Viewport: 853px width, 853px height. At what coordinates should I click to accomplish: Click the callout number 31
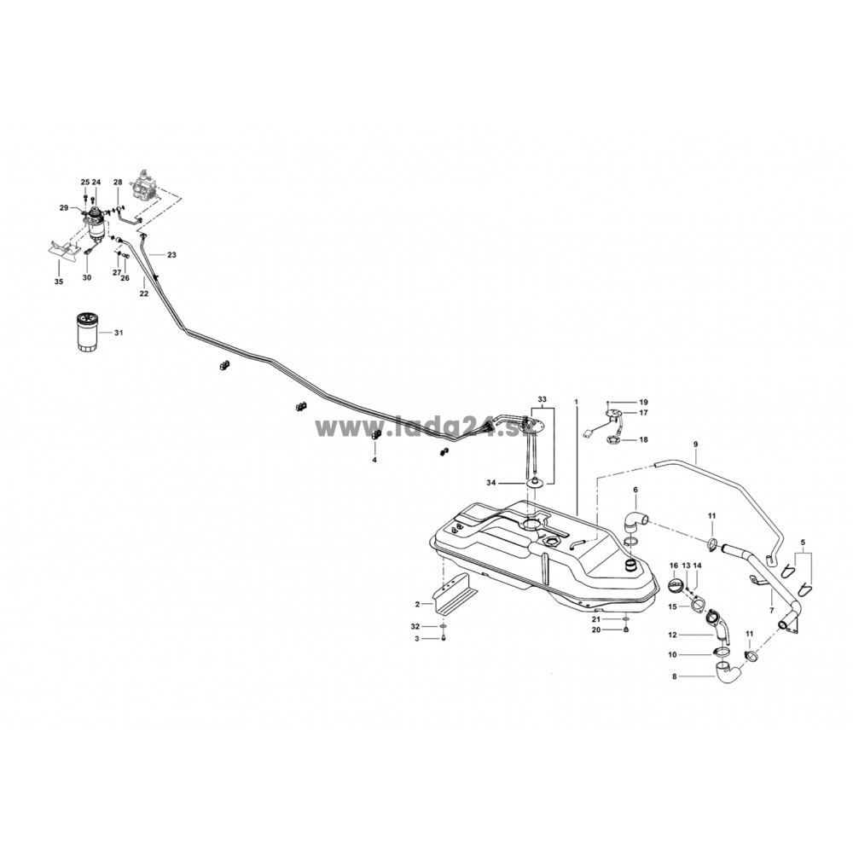coord(119,333)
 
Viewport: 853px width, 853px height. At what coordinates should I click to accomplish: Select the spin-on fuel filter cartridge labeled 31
coord(86,331)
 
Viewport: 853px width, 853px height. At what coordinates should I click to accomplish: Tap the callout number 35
coord(58,281)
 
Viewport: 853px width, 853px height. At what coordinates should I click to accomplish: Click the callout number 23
coord(172,254)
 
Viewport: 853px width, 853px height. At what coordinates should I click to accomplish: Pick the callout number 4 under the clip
coord(374,460)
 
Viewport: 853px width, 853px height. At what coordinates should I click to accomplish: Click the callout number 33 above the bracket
coord(542,399)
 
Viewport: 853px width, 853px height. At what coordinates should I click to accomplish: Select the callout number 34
coord(491,483)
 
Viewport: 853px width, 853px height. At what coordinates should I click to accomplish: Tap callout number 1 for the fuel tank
coord(576,402)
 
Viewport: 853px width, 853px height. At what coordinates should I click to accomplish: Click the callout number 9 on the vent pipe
coord(695,444)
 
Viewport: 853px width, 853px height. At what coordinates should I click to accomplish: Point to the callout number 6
coord(635,490)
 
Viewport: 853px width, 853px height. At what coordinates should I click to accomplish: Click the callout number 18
coord(643,439)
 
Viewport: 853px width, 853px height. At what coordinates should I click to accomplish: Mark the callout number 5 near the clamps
coord(803,542)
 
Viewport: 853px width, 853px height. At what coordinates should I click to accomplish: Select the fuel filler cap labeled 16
coord(674,588)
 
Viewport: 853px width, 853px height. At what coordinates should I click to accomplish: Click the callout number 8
coord(675,677)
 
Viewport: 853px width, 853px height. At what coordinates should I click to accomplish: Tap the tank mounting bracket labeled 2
coord(455,594)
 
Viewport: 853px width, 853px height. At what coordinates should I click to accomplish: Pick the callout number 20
coord(596,630)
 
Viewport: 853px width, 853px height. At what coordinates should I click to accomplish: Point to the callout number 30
coord(87,277)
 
